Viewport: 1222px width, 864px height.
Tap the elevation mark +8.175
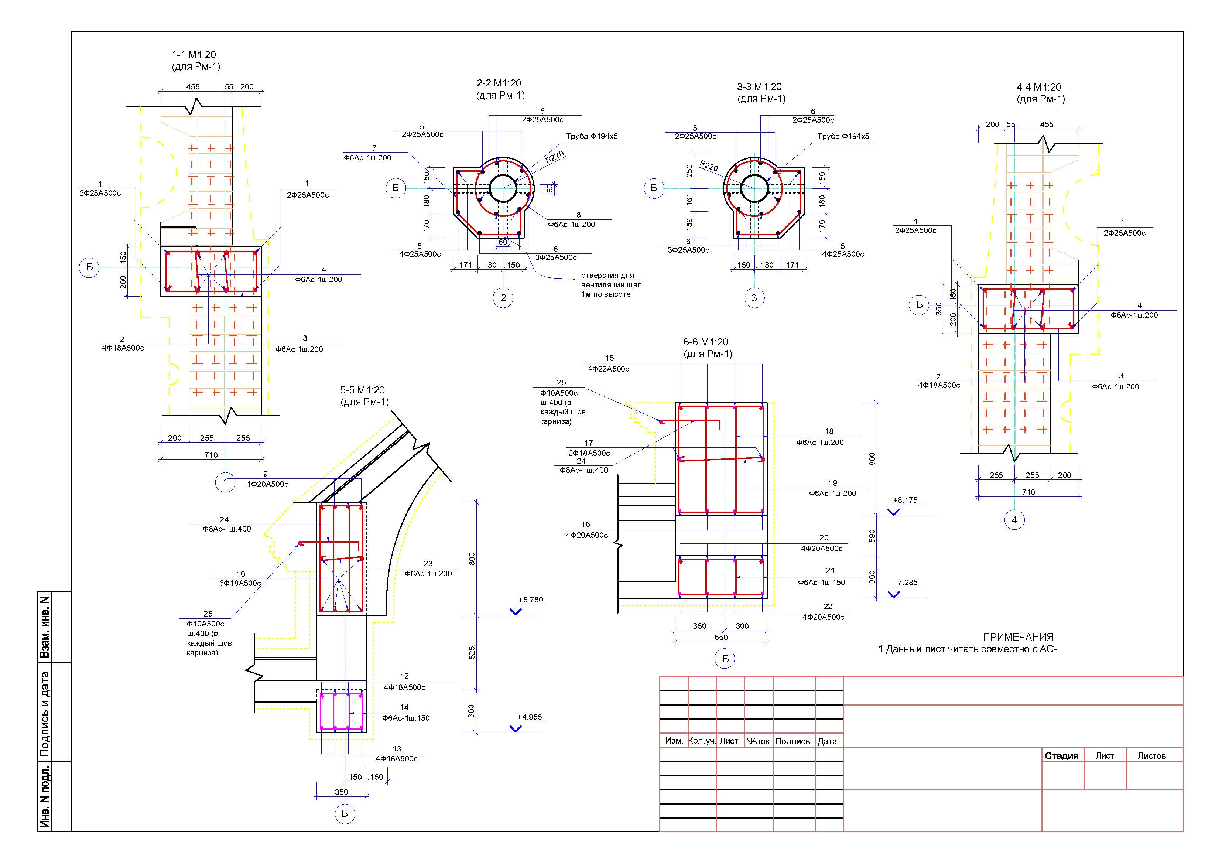click(x=905, y=501)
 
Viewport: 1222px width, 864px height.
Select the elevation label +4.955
click(x=529, y=717)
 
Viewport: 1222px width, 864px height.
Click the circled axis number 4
click(x=1014, y=520)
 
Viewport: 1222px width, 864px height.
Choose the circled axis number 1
click(x=225, y=482)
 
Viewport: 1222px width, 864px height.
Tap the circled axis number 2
click(x=503, y=298)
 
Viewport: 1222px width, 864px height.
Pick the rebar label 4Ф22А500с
click(x=608, y=369)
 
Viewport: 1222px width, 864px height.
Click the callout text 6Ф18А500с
click(x=240, y=583)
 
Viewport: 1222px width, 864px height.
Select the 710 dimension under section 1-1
click(x=211, y=455)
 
